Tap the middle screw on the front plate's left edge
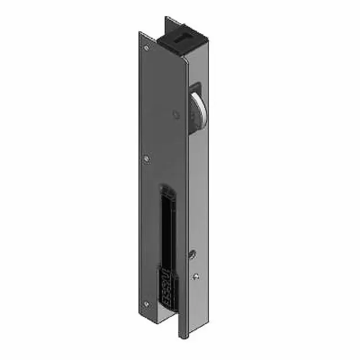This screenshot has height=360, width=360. (x=147, y=159)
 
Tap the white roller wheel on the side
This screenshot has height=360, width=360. (x=196, y=110)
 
